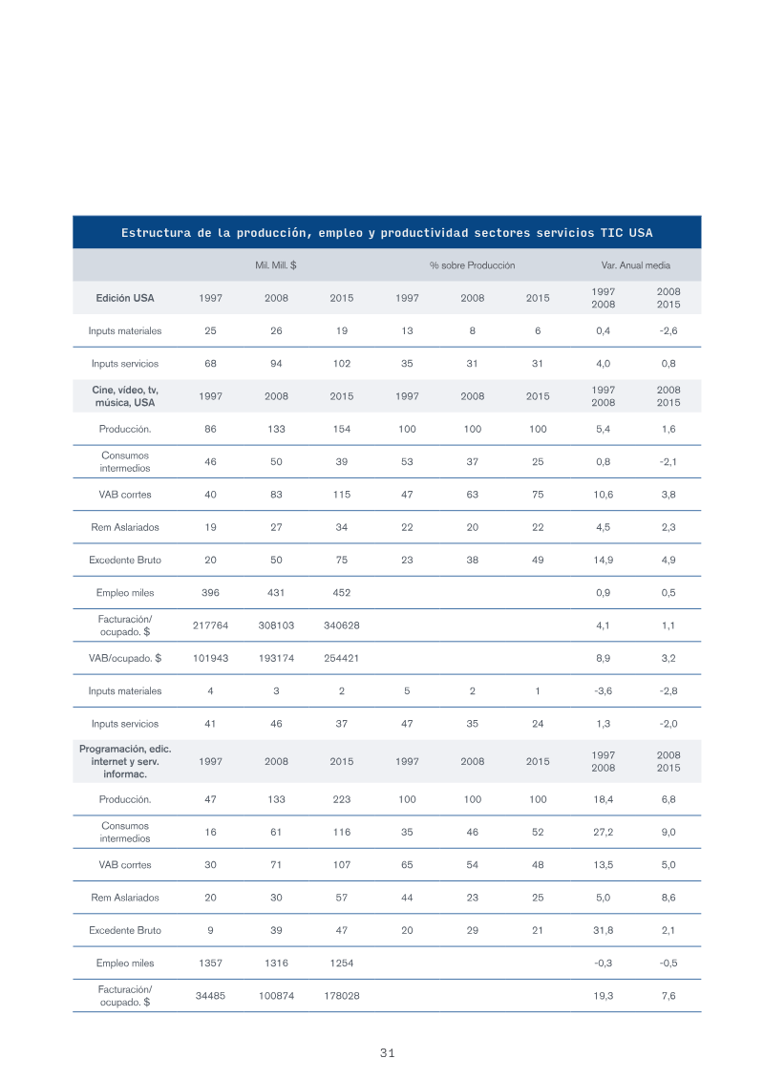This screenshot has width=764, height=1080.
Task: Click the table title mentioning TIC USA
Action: pyautogui.click(x=387, y=233)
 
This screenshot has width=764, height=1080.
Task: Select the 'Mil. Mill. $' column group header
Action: pyautogui.click(x=276, y=265)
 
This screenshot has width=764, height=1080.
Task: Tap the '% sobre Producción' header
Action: pyautogui.click(x=472, y=265)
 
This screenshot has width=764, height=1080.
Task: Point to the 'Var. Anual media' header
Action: pyautogui.click(x=635, y=265)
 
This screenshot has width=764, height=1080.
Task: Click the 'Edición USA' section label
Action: pyautogui.click(x=125, y=298)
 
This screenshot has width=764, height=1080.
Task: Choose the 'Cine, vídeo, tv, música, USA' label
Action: pyautogui.click(x=125, y=396)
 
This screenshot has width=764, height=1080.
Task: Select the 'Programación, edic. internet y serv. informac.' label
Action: pyautogui.click(x=125, y=761)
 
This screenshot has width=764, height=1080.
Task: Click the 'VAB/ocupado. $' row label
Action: pyautogui.click(x=125, y=658)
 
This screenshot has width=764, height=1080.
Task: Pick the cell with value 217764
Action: pyautogui.click(x=210, y=625)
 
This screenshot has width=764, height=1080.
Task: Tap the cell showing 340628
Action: pyautogui.click(x=342, y=625)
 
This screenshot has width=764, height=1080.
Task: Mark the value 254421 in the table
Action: pyautogui.click(x=342, y=658)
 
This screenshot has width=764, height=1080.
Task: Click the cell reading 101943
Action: pyautogui.click(x=210, y=658)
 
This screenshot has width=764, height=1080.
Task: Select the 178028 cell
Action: pyautogui.click(x=342, y=995)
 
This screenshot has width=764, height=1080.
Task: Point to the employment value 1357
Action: pyautogui.click(x=210, y=963)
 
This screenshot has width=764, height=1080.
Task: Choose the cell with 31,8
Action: pyautogui.click(x=603, y=930)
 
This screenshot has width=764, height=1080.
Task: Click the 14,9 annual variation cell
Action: pyautogui.click(x=603, y=560)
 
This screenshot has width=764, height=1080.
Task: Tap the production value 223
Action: pyautogui.click(x=342, y=799)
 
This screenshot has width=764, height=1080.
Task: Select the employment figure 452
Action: pyautogui.click(x=342, y=592)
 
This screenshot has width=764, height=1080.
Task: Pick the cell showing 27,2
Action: pyautogui.click(x=603, y=832)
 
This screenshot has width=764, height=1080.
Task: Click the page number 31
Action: pyautogui.click(x=387, y=1052)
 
